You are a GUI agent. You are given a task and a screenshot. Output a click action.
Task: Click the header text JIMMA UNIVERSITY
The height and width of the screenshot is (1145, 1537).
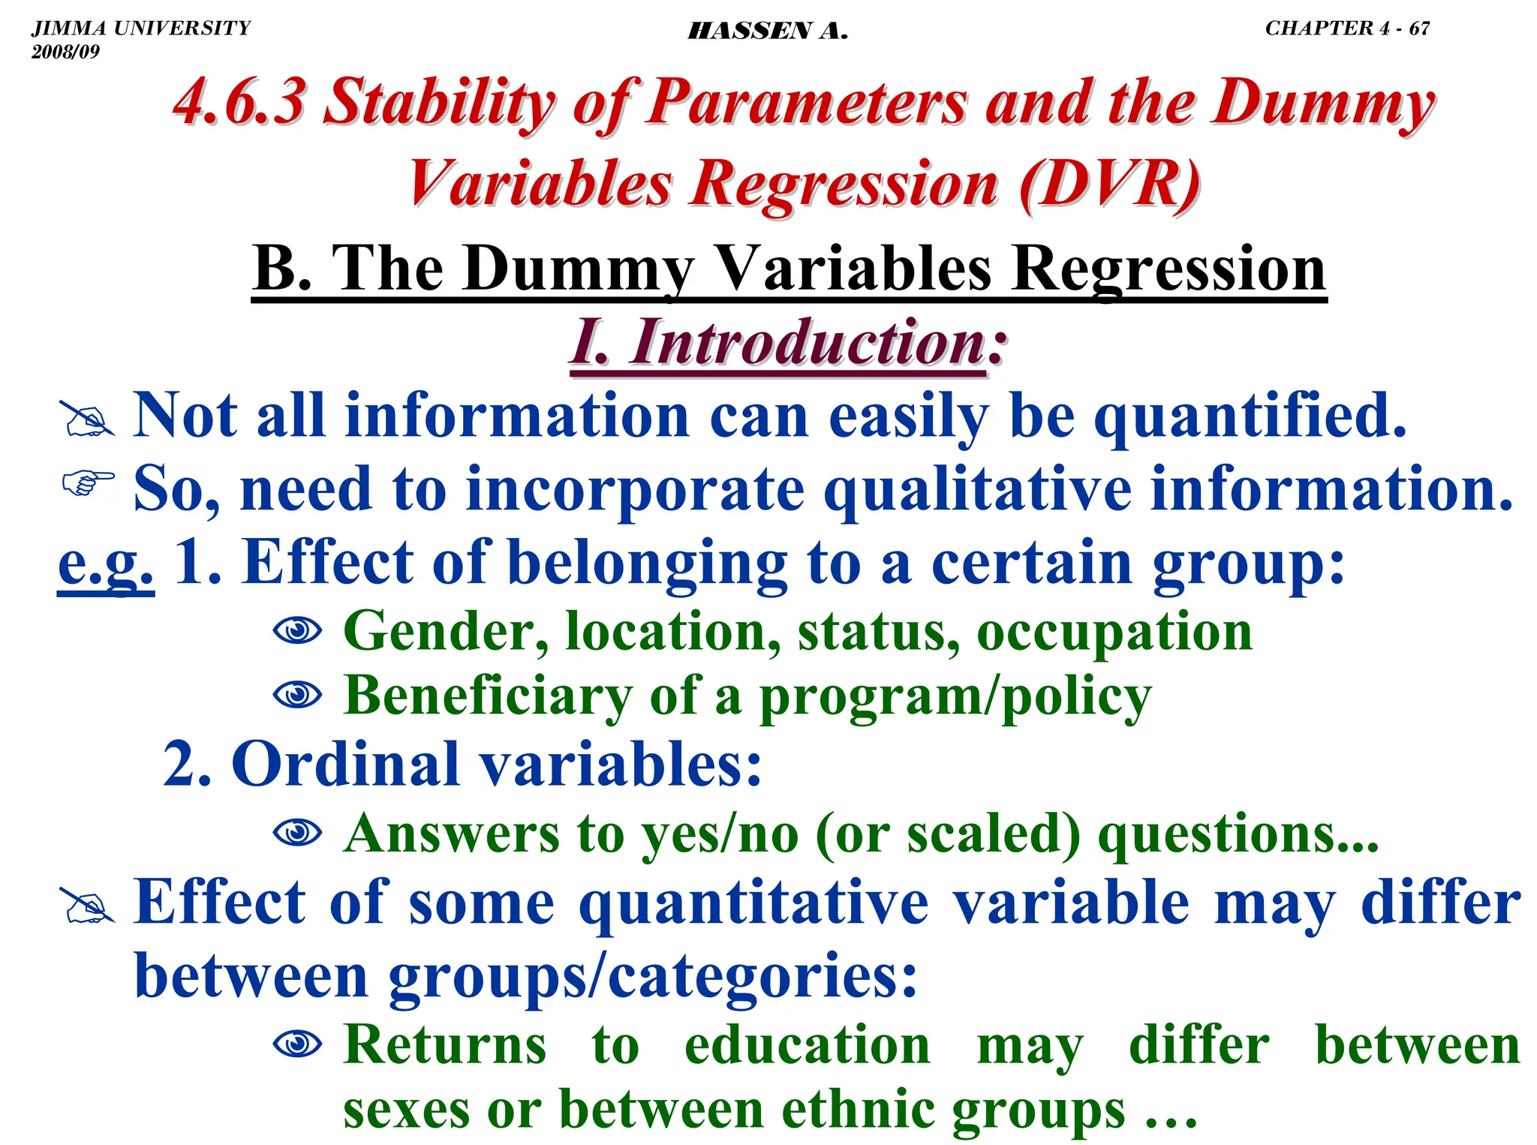click(x=141, y=28)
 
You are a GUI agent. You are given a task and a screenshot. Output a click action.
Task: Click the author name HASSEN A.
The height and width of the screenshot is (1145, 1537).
click(x=767, y=31)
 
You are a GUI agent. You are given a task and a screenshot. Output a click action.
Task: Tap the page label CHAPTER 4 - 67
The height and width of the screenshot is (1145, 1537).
click(x=1347, y=28)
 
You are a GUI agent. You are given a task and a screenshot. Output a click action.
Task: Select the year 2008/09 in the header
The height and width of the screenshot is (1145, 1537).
click(x=65, y=52)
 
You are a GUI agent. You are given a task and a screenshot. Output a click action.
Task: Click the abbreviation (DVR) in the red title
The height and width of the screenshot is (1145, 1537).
click(x=1109, y=184)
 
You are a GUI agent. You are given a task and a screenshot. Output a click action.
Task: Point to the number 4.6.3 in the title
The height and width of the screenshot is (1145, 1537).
click(x=239, y=102)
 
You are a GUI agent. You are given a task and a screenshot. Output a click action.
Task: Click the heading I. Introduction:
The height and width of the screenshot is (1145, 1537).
click(x=787, y=343)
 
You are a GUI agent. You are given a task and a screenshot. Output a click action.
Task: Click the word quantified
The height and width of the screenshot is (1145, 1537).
click(x=1250, y=416)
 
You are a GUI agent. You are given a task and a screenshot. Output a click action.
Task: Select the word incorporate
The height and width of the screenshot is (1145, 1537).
click(x=634, y=489)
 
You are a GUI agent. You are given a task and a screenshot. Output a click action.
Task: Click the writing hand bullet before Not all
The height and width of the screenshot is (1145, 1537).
click(x=88, y=419)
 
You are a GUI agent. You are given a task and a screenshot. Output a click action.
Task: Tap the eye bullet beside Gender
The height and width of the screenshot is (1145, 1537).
click(x=297, y=630)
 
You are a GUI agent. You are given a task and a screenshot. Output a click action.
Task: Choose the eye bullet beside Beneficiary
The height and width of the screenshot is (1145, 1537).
click(x=297, y=695)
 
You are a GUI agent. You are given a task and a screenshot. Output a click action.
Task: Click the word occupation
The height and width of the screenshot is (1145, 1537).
click(x=1114, y=632)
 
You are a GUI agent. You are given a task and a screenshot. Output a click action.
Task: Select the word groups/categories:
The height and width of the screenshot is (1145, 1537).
click(x=653, y=976)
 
